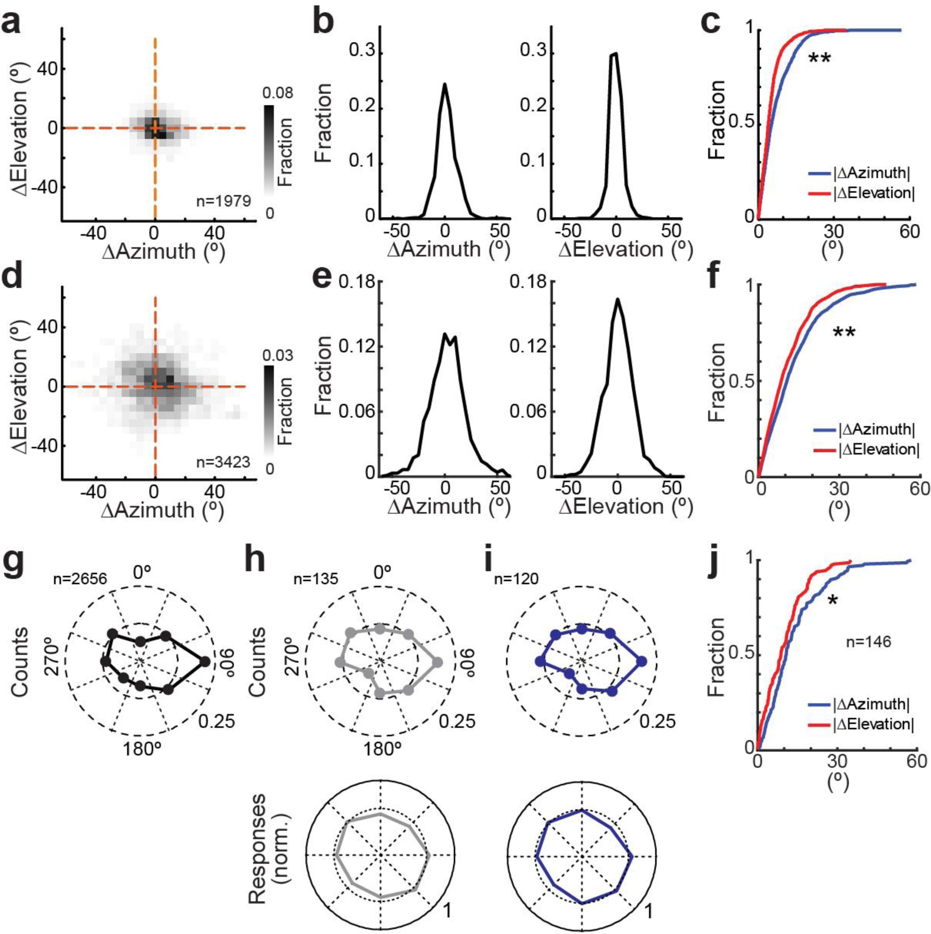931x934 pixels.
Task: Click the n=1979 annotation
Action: point(223,200)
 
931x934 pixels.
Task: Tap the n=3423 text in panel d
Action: point(223,462)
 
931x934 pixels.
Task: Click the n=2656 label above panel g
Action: point(80,578)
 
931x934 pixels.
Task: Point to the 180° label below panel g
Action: point(141,749)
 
